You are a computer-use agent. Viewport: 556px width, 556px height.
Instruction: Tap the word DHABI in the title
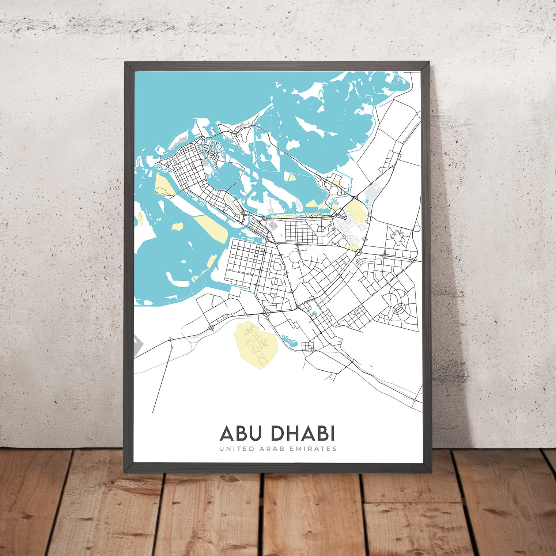tap(303, 434)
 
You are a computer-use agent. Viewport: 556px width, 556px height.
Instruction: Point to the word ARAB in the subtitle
tap(271, 449)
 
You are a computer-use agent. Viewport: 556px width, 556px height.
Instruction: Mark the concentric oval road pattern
tap(399, 309)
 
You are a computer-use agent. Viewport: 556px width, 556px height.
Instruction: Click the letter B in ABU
tap(242, 434)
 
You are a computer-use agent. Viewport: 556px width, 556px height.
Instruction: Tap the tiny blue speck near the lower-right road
tap(371, 366)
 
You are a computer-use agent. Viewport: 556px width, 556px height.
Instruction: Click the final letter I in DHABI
tap(332, 434)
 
